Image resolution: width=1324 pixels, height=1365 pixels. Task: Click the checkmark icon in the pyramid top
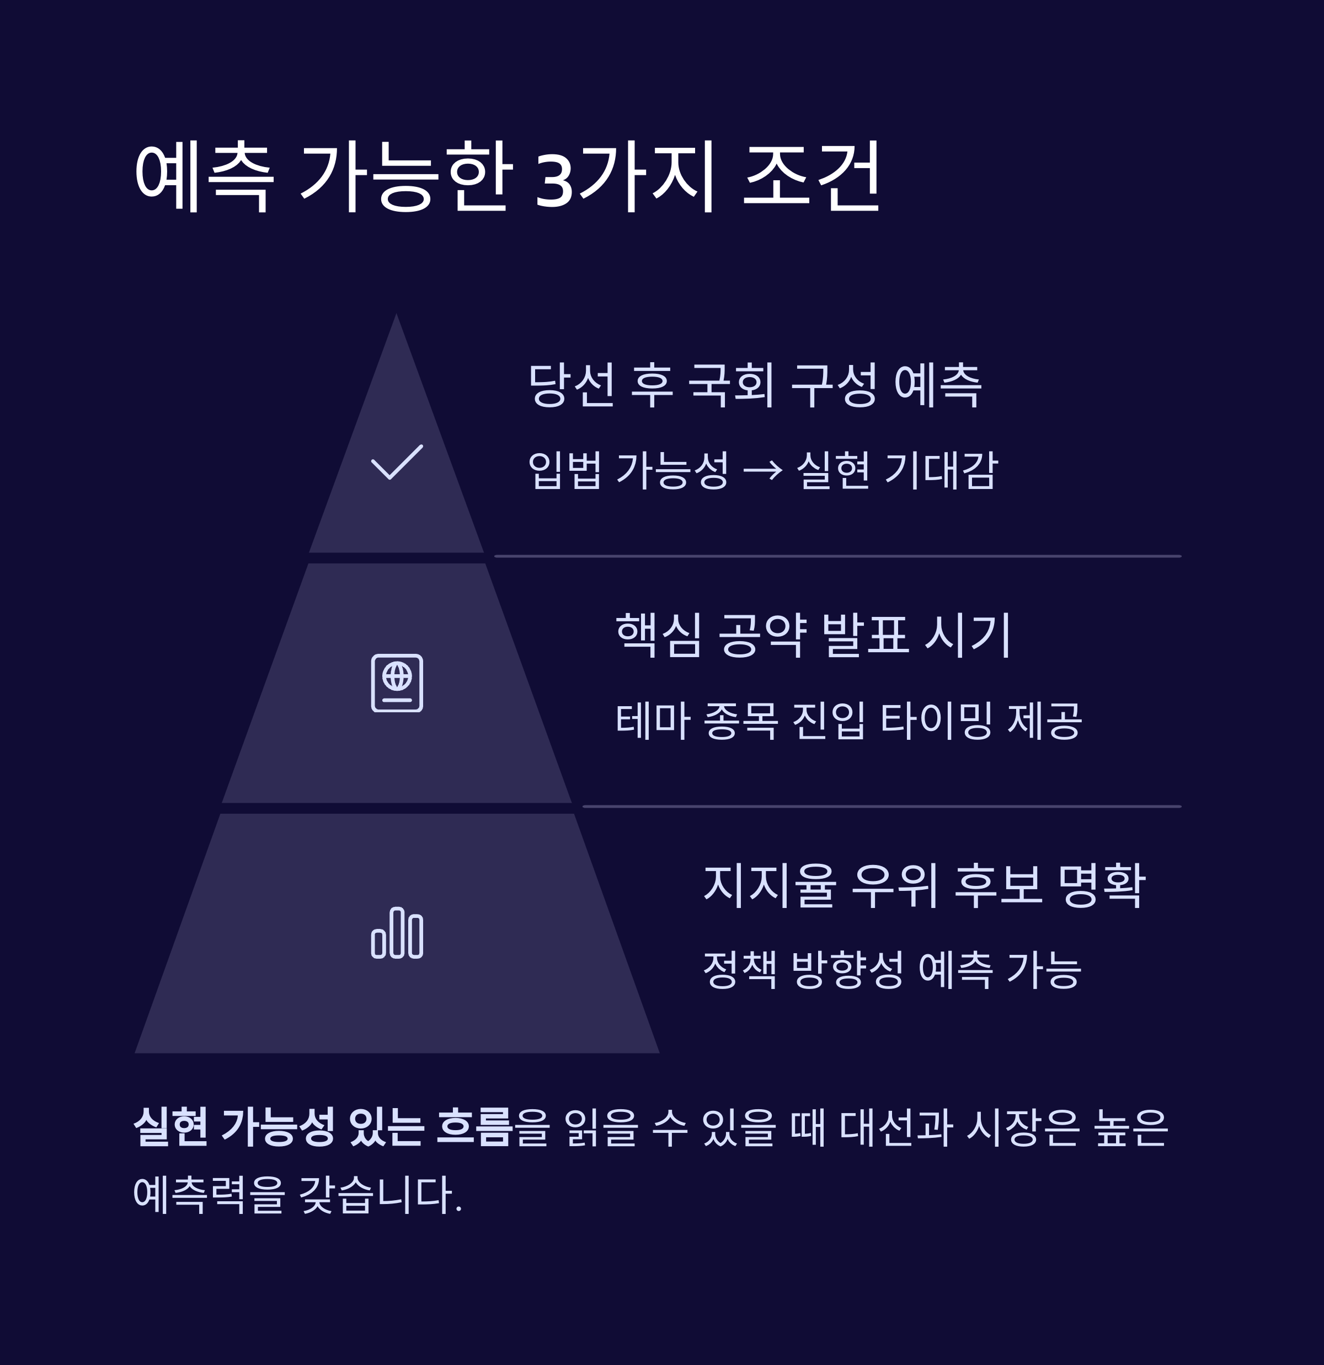coord(397,462)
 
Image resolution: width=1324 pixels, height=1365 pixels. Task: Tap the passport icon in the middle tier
coord(397,682)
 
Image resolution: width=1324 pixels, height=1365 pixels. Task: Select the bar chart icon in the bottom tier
coord(397,933)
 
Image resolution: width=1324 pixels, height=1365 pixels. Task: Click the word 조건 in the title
coord(813,178)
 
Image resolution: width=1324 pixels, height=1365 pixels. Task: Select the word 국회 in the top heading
coord(730,385)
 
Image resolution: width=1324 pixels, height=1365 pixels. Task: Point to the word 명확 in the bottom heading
coord(1101,885)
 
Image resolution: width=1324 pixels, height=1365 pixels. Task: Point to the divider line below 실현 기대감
coord(837,556)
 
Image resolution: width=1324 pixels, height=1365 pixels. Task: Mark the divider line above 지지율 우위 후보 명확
coord(882,807)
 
